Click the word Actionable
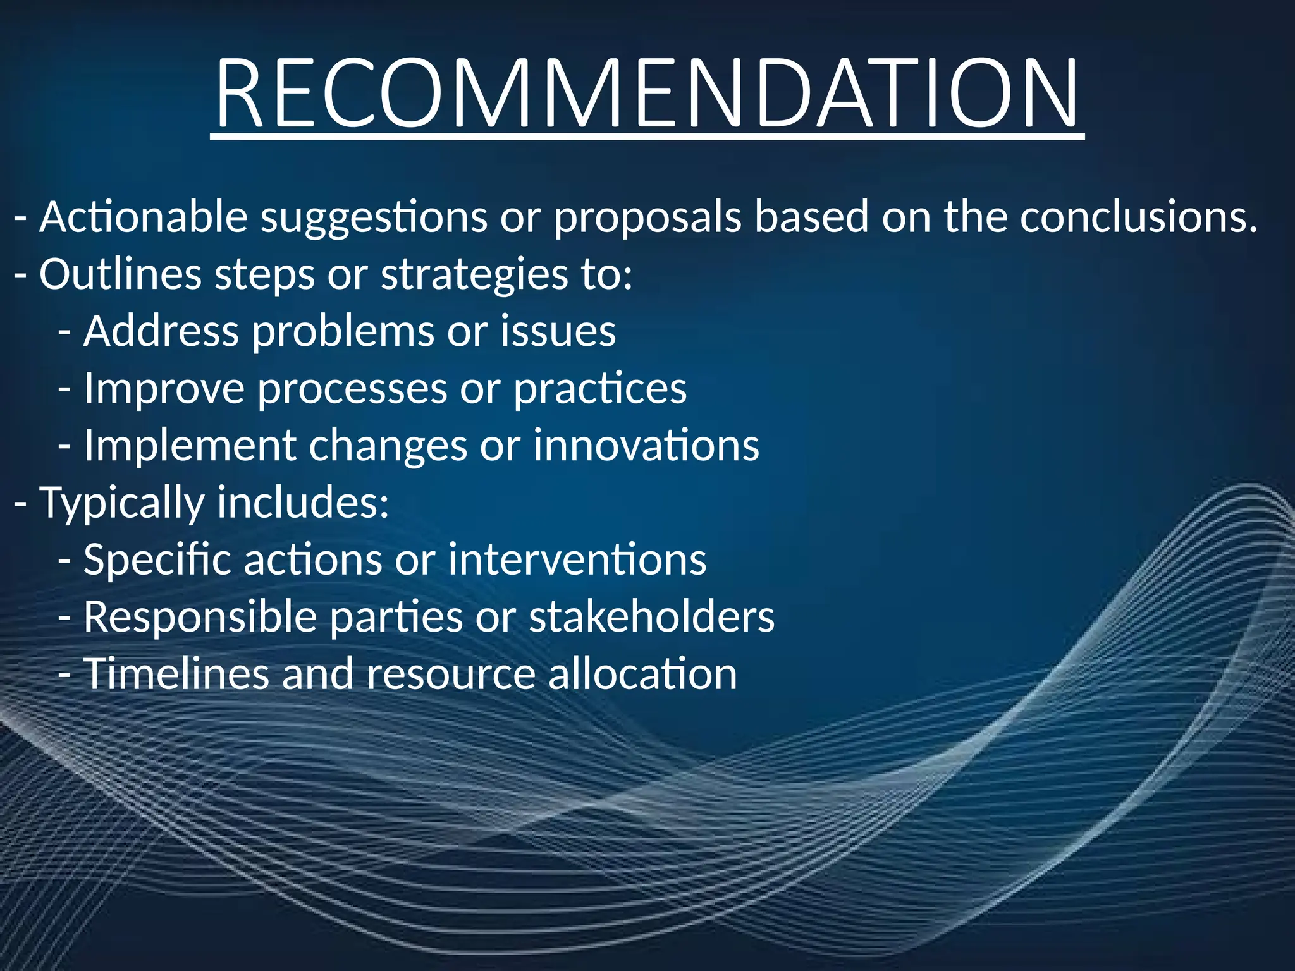coord(144,217)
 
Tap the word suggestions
coord(374,217)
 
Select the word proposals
coord(647,217)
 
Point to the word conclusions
coord(1138,217)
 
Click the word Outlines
coord(120,274)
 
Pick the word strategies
coord(474,274)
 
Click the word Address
coord(161,331)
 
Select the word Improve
coord(164,388)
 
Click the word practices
coord(599,388)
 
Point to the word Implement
coord(190,446)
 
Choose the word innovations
coord(646,446)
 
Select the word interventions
coord(577,560)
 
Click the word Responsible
coord(200,617)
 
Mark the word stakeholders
coord(651,617)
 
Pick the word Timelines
coord(176,674)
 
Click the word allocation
coord(642,674)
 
